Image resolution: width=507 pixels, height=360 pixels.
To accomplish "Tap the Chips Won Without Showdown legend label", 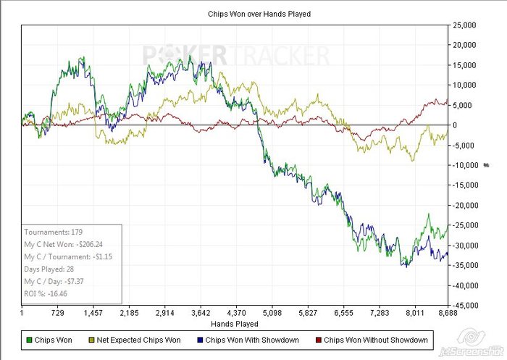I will coord(376,339).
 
